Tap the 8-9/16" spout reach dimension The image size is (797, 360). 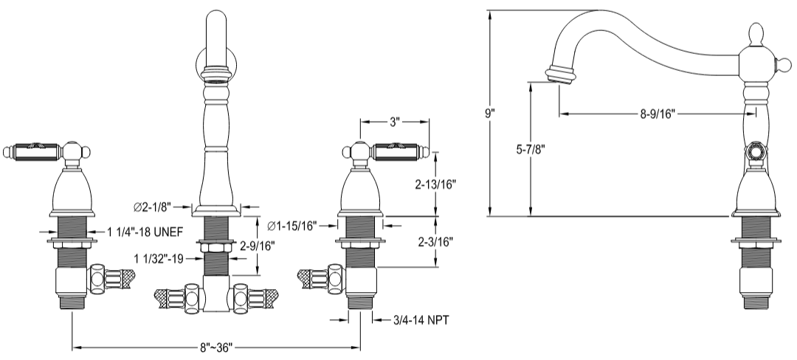pos(657,114)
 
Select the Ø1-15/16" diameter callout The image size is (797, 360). pos(292,225)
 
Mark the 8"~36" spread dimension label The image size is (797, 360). pos(215,347)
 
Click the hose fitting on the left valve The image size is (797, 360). pos(111,279)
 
